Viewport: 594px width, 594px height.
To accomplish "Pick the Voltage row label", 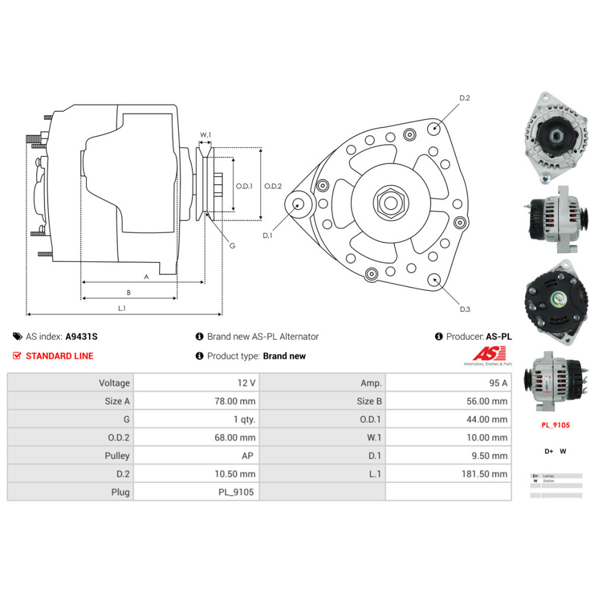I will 114,383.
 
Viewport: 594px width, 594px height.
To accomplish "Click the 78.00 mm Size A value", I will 236,401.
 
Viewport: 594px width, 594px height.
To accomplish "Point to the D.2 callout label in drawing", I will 465,98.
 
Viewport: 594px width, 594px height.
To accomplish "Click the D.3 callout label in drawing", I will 465,309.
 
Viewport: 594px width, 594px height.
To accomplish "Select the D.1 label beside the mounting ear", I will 267,235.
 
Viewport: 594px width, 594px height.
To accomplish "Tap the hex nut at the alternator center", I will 390,203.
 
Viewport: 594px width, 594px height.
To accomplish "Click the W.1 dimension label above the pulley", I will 206,135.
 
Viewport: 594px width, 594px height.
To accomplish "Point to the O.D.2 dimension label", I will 273,186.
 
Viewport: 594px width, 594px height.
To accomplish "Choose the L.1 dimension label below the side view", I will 122,308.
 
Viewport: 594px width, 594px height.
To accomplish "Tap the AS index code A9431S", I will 81,336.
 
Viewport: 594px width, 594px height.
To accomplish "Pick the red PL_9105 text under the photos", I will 555,425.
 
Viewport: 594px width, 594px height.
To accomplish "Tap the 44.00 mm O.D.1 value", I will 487,419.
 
